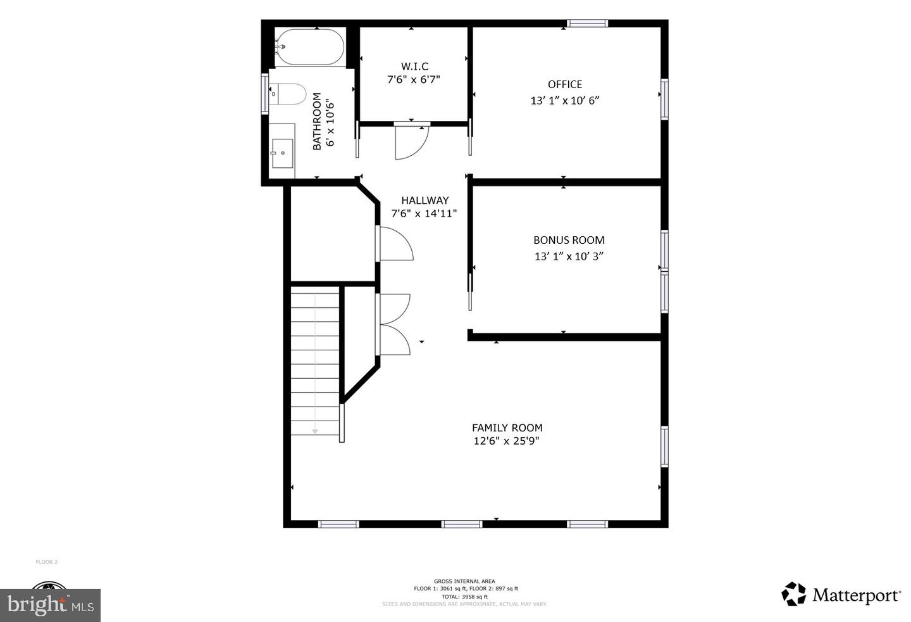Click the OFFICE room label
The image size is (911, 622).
tap(565, 84)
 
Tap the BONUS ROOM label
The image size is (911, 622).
tap(569, 240)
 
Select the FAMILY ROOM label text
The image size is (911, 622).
tap(507, 428)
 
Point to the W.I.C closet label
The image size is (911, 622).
tap(414, 67)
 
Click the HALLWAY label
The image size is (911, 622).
tap(425, 200)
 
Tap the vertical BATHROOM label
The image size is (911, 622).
tap(317, 122)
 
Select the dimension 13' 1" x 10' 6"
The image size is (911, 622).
tap(565, 101)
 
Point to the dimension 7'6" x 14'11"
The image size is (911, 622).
tap(424, 214)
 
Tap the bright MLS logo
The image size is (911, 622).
tap(51, 605)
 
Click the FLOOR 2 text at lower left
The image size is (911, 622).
tap(47, 562)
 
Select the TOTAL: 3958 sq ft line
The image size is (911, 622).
tap(464, 597)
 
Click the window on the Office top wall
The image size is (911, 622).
tap(587, 23)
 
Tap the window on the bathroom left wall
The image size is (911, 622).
tap(265, 94)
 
